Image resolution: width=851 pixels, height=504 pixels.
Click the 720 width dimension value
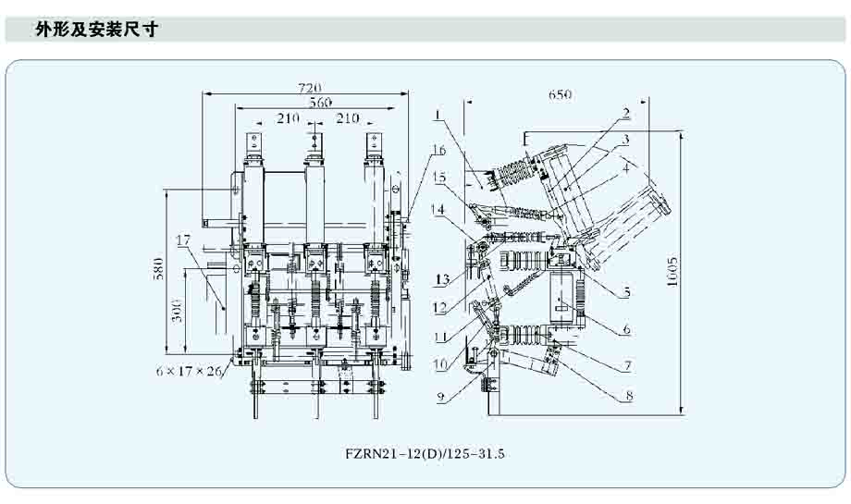[310, 87]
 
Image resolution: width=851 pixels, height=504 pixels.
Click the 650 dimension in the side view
[560, 93]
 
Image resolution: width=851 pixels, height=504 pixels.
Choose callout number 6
[626, 329]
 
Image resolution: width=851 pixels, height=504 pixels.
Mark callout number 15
[439, 177]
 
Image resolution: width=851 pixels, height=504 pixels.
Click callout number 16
[439, 150]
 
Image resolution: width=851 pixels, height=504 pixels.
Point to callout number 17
[182, 240]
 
